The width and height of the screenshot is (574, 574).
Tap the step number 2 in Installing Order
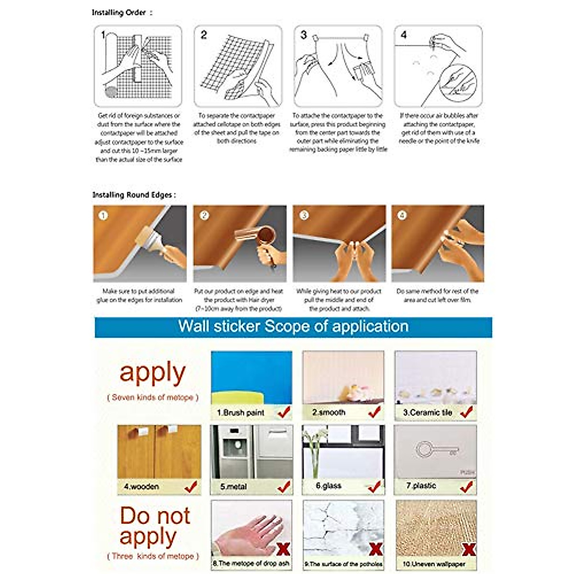click(x=204, y=35)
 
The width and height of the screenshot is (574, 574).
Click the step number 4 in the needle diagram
click(x=404, y=35)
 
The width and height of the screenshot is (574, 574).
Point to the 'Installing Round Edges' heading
click(x=134, y=195)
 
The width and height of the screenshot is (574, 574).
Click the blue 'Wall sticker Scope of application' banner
click(x=293, y=327)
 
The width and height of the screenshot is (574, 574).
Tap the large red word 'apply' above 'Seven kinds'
click(x=153, y=373)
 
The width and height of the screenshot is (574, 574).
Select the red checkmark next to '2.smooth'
click(x=375, y=411)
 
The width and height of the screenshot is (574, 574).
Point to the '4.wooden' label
click(x=141, y=486)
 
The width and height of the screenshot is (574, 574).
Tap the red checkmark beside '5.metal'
click(x=284, y=487)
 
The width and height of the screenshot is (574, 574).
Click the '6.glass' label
click(x=329, y=486)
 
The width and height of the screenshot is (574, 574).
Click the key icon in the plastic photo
click(x=435, y=450)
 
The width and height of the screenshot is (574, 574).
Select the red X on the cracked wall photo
click(x=376, y=550)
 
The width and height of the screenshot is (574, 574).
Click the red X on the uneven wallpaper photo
click(x=469, y=550)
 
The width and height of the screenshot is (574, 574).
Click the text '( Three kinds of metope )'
click(x=153, y=556)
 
